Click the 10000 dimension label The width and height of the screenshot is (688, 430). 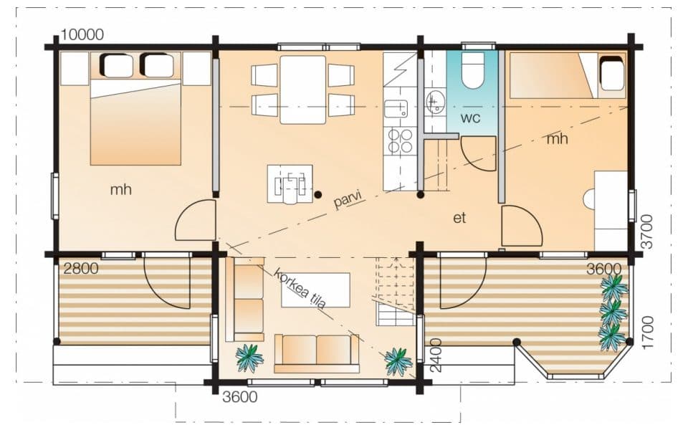pyautogui.click(x=82, y=34)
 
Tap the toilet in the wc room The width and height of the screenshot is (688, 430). pyautogui.click(x=472, y=70)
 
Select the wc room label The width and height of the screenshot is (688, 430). pyautogui.click(x=470, y=118)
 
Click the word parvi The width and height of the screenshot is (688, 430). pyautogui.click(x=348, y=200)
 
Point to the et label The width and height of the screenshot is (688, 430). pyautogui.click(x=459, y=218)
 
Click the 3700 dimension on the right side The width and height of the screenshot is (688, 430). pyautogui.click(x=646, y=231)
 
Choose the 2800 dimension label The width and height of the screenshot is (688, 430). pyautogui.click(x=81, y=268)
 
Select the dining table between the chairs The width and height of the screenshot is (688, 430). pyautogui.click(x=302, y=90)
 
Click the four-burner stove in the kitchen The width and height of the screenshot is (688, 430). pyautogui.click(x=400, y=141)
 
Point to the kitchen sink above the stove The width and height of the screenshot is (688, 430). pyautogui.click(x=396, y=109)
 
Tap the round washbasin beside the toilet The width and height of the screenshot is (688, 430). pyautogui.click(x=435, y=102)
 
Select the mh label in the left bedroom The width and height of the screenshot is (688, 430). pyautogui.click(x=120, y=189)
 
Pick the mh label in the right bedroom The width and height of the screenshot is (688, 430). pyautogui.click(x=558, y=139)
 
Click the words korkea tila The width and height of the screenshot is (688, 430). pyautogui.click(x=300, y=288)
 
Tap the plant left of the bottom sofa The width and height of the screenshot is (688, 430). pyautogui.click(x=249, y=358)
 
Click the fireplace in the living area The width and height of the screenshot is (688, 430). pyautogui.click(x=290, y=184)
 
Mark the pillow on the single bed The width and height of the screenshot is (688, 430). pyautogui.click(x=611, y=73)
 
